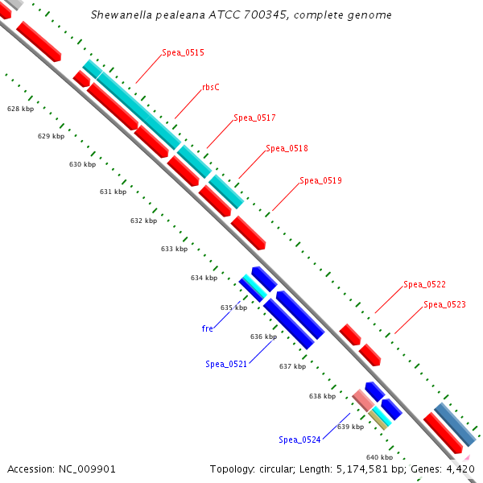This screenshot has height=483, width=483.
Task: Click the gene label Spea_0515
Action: (x=183, y=52)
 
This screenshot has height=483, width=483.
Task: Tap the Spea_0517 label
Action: (x=254, y=118)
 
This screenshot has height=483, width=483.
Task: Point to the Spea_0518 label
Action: (x=287, y=148)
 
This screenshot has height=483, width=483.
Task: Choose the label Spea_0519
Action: (x=320, y=180)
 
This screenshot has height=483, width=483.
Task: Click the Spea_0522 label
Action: (x=424, y=284)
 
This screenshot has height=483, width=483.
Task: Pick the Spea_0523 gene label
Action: (x=444, y=304)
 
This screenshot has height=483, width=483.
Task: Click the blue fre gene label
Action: (x=207, y=328)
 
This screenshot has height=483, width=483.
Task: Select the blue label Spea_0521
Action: (x=226, y=364)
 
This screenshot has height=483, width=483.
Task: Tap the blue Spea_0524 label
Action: (x=299, y=440)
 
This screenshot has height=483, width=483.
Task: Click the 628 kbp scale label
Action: (x=20, y=108)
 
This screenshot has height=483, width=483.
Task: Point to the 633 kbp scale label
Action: (x=174, y=249)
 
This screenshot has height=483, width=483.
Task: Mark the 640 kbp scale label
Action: (x=379, y=456)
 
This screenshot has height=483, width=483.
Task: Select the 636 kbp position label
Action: (x=263, y=336)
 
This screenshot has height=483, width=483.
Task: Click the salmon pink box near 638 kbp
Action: (x=363, y=398)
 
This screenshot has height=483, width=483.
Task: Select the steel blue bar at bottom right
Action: (x=454, y=424)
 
